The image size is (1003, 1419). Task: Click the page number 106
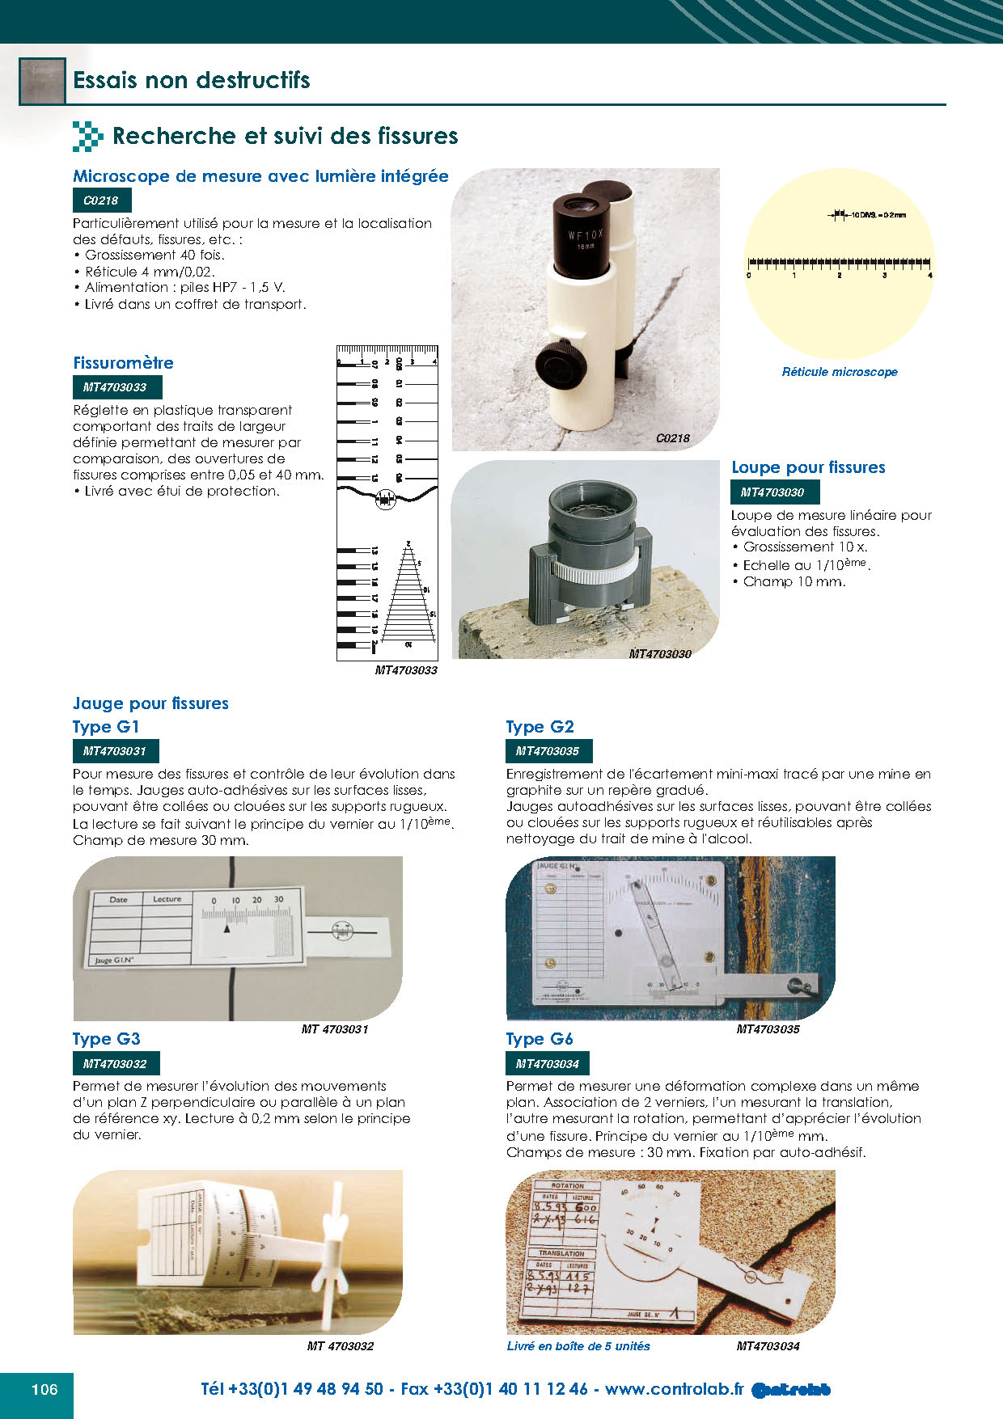pos(44,1389)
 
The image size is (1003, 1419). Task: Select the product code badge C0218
pos(101,201)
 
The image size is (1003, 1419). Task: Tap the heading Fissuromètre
pos(123,363)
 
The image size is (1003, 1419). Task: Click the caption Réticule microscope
pos(840,372)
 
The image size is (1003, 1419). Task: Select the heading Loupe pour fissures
pos(808,467)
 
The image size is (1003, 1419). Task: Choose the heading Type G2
pos(540,727)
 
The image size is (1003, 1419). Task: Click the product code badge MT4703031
pos(115,751)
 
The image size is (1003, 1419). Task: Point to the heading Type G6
pos(540,1039)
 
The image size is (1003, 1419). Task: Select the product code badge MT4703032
pos(115,1064)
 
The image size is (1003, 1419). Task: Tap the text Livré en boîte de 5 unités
pos(578,1346)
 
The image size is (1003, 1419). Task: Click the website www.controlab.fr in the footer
pos(673,1389)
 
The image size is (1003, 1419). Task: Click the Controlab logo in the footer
pos(790,1390)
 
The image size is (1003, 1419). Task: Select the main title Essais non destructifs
pos(192,80)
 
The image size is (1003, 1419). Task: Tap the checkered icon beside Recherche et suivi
pos(87,136)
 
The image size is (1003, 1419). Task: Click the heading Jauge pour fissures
pos(150,703)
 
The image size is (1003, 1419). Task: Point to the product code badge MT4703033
pos(115,387)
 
